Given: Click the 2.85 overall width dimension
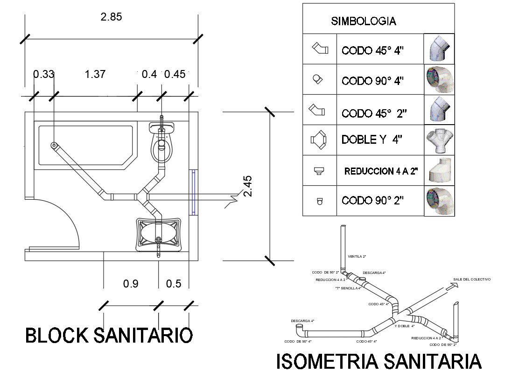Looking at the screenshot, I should pos(111,17).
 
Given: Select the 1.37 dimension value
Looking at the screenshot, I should pos(95,74).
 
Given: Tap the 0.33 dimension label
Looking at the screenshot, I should pos(43,74).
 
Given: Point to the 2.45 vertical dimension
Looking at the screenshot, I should pos(247,186).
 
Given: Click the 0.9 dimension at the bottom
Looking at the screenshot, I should pos(131,284).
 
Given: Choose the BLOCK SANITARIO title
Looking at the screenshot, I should pos(109,336).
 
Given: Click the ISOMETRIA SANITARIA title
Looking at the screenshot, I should pos(379,362).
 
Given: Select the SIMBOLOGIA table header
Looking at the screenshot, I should pos(364,21).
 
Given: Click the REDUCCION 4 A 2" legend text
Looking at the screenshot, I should pos(380,171).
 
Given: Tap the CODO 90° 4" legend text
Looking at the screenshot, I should pos(372,80).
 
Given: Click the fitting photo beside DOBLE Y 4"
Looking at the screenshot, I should pos(440,140).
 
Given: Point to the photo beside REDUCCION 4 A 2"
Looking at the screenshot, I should pos(440,170).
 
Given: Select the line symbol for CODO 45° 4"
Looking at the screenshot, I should pos(320,49).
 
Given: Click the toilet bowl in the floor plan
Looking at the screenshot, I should pos(161,148).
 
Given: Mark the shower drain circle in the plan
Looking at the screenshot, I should pos(54,145).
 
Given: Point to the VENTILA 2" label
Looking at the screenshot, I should pos(357,256).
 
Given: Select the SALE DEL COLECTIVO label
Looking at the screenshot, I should pos(472,279).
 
